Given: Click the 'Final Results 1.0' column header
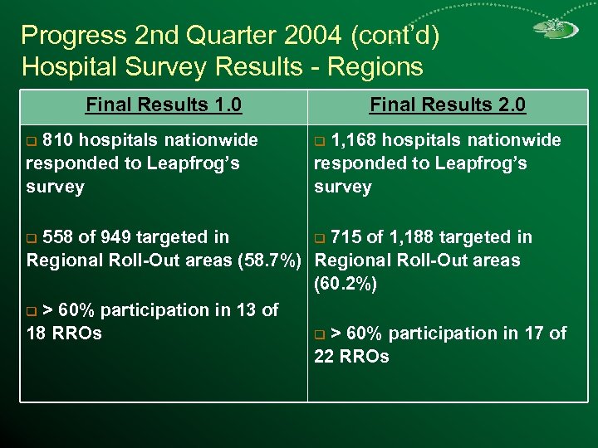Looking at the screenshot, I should tap(164, 105).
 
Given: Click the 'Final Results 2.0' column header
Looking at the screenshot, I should tap(448, 105).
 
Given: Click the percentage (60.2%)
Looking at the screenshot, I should tap(346, 285).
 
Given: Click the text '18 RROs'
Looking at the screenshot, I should tap(64, 334).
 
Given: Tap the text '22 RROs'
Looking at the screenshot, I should tap(351, 357).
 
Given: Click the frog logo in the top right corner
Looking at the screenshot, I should tap(555, 30).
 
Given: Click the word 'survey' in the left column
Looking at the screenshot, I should tap(55, 187).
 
